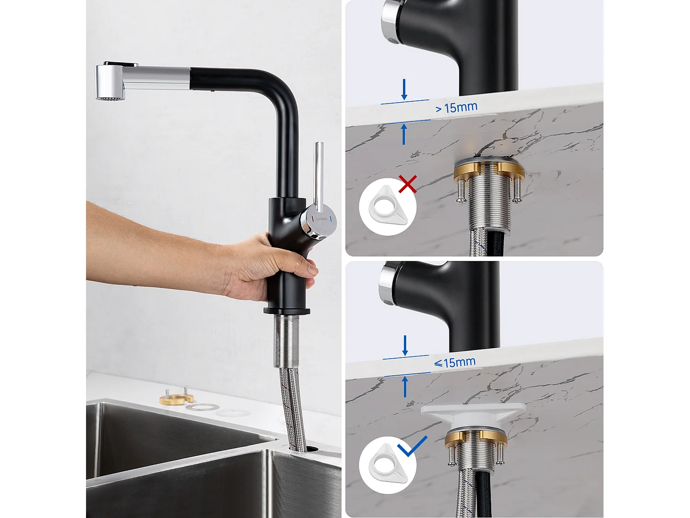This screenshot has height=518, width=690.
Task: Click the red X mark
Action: tap(408, 184)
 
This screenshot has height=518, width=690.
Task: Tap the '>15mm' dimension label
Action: tap(456, 108)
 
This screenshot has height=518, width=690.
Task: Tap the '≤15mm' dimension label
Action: tap(454, 362)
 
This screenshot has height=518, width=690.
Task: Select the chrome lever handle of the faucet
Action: tap(318, 175)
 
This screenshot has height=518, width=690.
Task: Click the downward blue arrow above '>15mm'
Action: tap(404, 89)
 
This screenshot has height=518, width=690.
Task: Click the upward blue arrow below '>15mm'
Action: tap(404, 134)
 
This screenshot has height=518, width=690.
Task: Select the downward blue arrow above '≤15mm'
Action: tap(405, 345)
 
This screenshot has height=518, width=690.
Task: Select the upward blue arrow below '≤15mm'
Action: tap(405, 386)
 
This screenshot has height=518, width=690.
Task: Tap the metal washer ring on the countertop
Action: tap(202, 407)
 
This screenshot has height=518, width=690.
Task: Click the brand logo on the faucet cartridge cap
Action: tap(322, 219)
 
